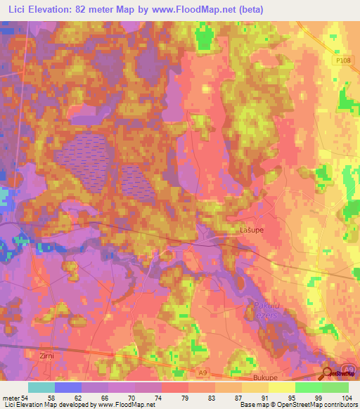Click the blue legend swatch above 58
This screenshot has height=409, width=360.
pos(68,387)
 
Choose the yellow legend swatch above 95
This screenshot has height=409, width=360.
pos(281,387)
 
